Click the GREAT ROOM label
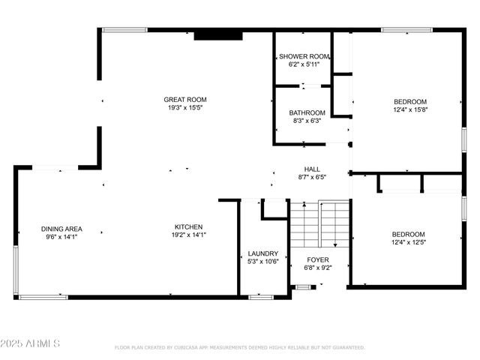[x=185, y=100]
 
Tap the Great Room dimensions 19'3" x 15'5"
[x=185, y=108]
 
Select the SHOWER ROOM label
[x=304, y=57]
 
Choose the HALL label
[x=312, y=169]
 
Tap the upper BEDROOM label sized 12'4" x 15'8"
[x=410, y=101]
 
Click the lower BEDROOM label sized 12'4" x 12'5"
[x=408, y=234]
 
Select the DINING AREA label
[x=61, y=229]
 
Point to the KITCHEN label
[x=188, y=227]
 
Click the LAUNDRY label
[x=263, y=253]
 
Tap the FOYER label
[x=318, y=259]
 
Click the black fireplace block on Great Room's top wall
[x=218, y=34]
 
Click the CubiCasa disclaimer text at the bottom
[x=239, y=348]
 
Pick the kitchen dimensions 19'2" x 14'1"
[x=187, y=235]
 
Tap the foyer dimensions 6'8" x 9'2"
[x=318, y=268]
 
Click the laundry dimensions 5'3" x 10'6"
[x=263, y=262]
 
